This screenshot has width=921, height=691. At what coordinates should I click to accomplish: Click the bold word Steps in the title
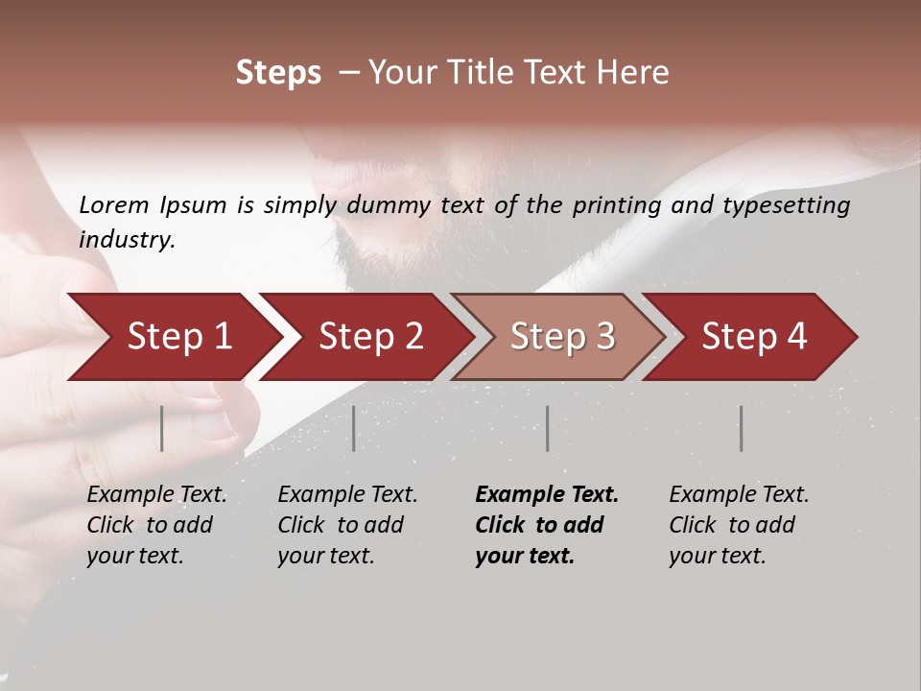click(x=278, y=73)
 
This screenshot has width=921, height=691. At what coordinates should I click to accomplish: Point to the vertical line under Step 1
click(x=162, y=428)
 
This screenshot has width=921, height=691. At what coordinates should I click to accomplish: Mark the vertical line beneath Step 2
click(x=354, y=428)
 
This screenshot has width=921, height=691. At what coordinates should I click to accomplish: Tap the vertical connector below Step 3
click(x=548, y=428)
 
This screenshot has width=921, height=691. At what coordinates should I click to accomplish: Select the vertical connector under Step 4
click(x=741, y=428)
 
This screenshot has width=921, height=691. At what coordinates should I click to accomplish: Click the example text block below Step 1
click(x=156, y=525)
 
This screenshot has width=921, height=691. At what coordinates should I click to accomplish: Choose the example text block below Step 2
click(x=347, y=525)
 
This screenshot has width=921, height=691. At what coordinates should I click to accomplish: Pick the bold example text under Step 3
click(x=547, y=525)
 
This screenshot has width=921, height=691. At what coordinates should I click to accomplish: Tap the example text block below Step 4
click(x=739, y=525)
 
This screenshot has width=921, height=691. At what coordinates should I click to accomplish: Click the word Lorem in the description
click(x=113, y=205)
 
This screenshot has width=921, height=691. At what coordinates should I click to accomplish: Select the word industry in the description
click(x=126, y=240)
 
